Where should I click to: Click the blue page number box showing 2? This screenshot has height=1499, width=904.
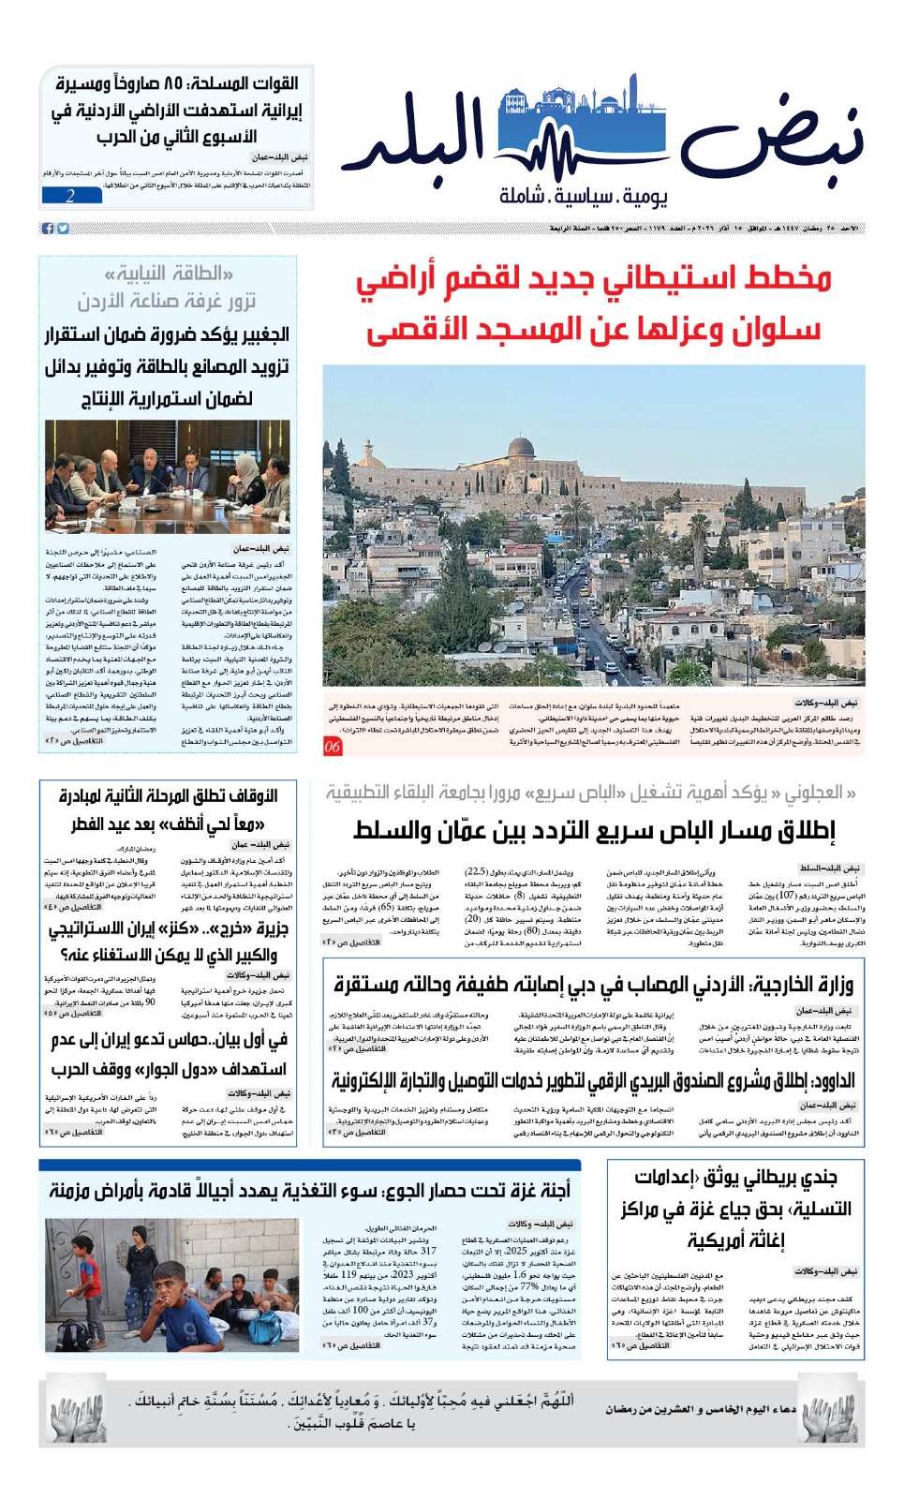[x=70, y=196]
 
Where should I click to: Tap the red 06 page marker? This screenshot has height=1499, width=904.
[x=333, y=747]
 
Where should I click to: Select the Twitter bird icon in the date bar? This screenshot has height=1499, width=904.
[x=63, y=228]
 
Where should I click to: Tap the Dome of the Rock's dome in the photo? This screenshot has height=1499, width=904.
[x=521, y=447]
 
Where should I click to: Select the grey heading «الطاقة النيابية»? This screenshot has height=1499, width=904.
[x=169, y=274]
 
